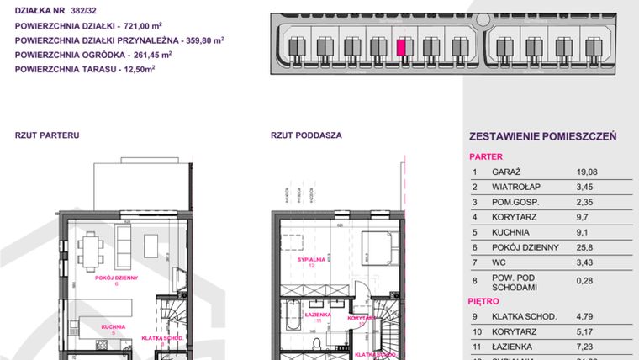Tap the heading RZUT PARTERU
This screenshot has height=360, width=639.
click(46, 135)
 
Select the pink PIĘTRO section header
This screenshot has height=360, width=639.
click(483, 300)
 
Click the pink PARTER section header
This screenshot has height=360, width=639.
click(485, 156)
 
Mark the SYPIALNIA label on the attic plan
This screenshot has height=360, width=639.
click(313, 260)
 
